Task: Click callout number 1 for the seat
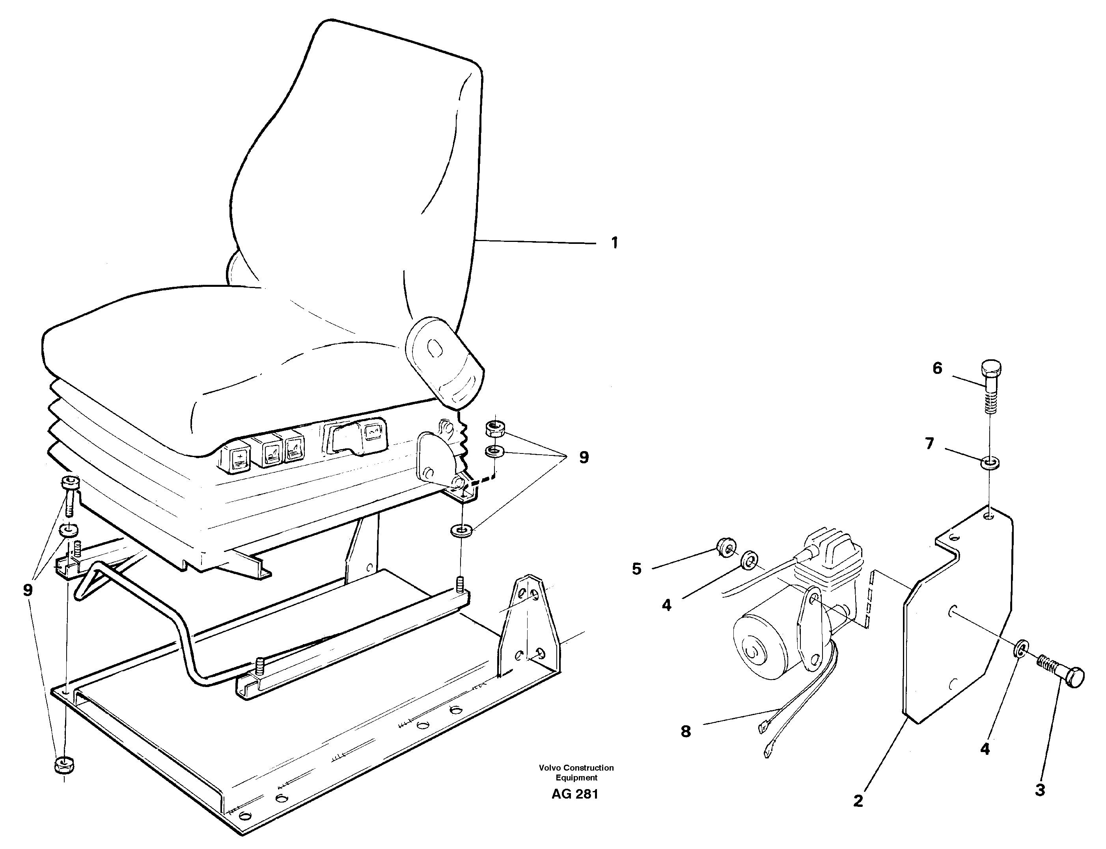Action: pos(614,243)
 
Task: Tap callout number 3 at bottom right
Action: pos(1040,790)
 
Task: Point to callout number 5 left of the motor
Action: pos(636,569)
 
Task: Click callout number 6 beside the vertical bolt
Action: pos(937,368)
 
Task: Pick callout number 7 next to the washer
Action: pos(929,444)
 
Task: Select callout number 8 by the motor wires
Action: pos(685,731)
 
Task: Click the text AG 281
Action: pos(575,794)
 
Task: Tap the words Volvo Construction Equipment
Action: pos(576,772)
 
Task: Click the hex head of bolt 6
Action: pos(991,367)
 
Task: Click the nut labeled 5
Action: pos(727,547)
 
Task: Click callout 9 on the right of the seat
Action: pos(584,458)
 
